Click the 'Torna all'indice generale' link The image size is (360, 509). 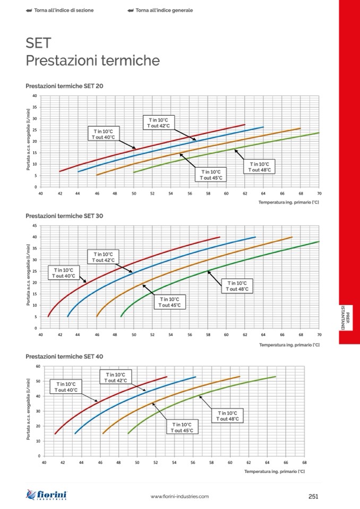click(164, 10)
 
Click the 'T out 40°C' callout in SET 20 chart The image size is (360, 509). click(103, 134)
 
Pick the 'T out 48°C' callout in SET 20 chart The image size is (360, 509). click(260, 167)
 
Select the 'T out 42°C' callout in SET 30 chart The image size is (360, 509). click(104, 257)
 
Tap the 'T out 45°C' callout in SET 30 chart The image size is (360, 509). click(170, 302)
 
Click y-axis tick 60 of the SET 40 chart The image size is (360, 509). click(38, 366)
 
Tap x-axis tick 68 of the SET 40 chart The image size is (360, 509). click(305, 463)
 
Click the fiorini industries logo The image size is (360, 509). click(47, 495)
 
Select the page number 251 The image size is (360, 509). click(313, 496)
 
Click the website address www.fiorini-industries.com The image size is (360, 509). click(179, 496)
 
